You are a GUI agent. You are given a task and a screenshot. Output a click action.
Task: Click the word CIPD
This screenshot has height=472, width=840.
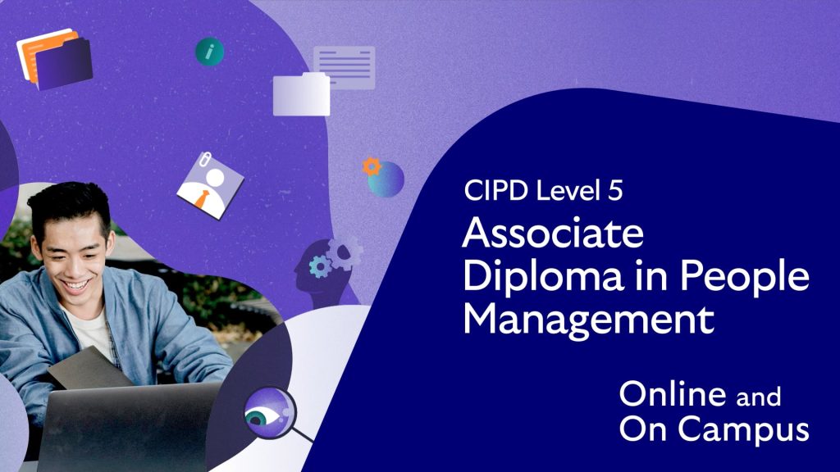(496, 190)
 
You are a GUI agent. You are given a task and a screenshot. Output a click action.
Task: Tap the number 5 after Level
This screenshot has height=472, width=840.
(615, 190)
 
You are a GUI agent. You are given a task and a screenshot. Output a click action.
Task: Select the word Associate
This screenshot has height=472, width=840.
(553, 233)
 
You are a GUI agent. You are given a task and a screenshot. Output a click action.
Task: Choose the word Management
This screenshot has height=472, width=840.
(588, 320)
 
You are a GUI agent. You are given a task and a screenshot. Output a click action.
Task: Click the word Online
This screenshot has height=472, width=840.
(673, 394)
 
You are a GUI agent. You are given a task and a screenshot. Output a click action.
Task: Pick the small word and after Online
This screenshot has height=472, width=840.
(758, 397)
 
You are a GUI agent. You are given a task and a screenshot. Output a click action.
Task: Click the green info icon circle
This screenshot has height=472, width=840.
(209, 52)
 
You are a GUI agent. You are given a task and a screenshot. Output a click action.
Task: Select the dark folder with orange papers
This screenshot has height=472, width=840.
(55, 59)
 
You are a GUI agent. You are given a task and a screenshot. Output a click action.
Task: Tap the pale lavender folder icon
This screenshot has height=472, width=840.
(301, 95)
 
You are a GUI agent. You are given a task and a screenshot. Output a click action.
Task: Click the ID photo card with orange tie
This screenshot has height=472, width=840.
(210, 186)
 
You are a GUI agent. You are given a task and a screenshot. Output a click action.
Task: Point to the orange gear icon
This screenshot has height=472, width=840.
(372, 167)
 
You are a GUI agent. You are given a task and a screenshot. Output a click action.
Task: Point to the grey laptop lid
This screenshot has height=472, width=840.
(129, 428)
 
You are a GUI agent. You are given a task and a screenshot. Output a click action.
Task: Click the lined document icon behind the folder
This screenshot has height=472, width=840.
(345, 66)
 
